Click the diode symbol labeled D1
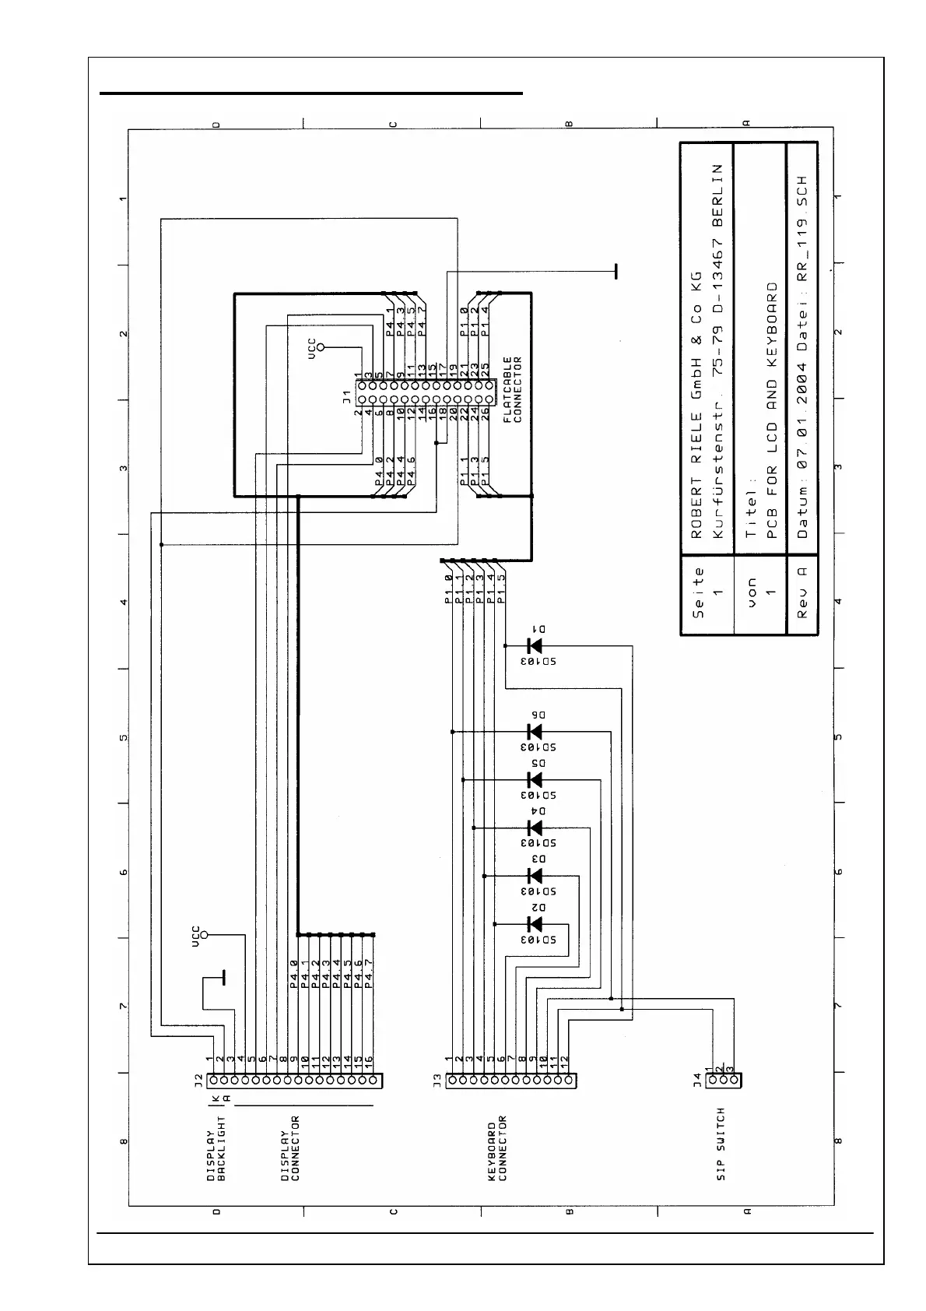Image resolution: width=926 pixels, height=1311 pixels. click(x=535, y=645)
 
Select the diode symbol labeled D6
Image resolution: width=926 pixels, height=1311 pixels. click(x=535, y=732)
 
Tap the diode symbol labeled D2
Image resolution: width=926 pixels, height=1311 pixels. click(x=535, y=924)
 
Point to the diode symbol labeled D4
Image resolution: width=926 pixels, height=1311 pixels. click(x=535, y=828)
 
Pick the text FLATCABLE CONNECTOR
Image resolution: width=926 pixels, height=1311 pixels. click(x=512, y=389)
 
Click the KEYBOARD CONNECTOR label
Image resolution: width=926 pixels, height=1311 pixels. click(x=497, y=1151)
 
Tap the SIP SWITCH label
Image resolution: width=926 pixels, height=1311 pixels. click(x=721, y=1144)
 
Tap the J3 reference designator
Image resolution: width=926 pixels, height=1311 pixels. click(x=437, y=1081)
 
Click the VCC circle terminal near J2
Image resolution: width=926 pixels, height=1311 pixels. click(x=205, y=934)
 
